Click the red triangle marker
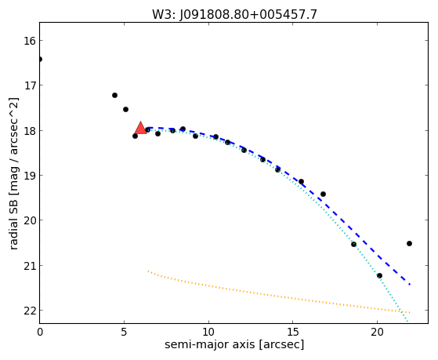pos(140,128)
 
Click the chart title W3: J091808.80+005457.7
pos(234,14)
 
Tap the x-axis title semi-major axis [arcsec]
pos(234,344)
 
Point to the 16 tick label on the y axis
pos(30,41)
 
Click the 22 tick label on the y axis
pos(30,311)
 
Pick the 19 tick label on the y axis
pos(30,176)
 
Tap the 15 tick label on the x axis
pos(293,333)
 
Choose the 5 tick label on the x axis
pos(124,333)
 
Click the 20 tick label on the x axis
pos(377,333)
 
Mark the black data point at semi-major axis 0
pos(40,59)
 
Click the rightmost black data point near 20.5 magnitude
pos(409,243)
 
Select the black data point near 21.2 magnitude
pos(379,275)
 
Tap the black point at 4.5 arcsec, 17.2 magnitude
pos(114,95)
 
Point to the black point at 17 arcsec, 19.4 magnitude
pos(323,194)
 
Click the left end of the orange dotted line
pos(148,271)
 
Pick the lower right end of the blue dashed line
pos(410,284)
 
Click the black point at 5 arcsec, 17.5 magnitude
pos(125,109)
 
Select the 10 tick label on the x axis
pos(208,333)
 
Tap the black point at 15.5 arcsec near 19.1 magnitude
pos(301,181)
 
